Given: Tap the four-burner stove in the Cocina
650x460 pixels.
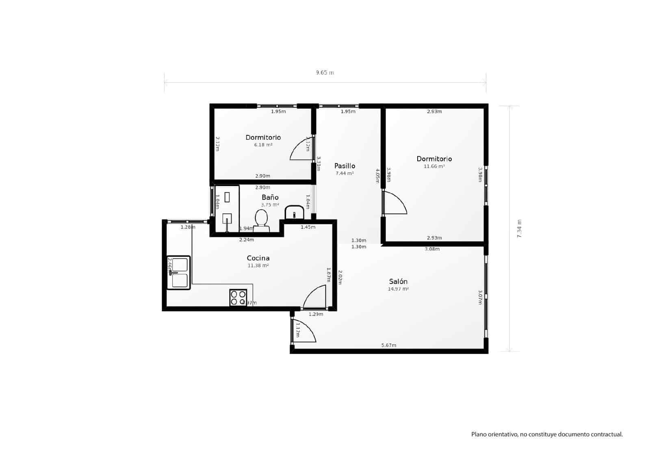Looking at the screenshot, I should [x=238, y=297].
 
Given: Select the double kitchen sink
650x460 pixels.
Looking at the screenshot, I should [x=178, y=272].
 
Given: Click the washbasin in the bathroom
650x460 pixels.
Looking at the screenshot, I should [x=294, y=213].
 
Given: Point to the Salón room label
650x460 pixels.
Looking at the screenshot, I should [x=398, y=281].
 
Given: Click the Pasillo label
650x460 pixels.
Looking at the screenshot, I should [x=344, y=166].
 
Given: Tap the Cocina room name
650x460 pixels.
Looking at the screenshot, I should [x=258, y=258].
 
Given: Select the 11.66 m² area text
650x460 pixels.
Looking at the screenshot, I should [x=434, y=166].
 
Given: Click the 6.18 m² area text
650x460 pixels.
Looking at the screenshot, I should [x=263, y=145].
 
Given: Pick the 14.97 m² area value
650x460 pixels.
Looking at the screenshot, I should [x=398, y=289].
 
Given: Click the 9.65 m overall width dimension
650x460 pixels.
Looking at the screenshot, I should [x=325, y=73].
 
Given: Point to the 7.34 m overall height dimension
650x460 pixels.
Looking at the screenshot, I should [x=519, y=229].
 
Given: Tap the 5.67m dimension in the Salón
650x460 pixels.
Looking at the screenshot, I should [x=389, y=345].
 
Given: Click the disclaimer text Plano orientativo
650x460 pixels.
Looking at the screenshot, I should [x=547, y=434].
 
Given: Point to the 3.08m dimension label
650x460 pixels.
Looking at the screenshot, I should [x=432, y=249].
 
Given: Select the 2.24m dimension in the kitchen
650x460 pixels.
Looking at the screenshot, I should [x=247, y=240].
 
